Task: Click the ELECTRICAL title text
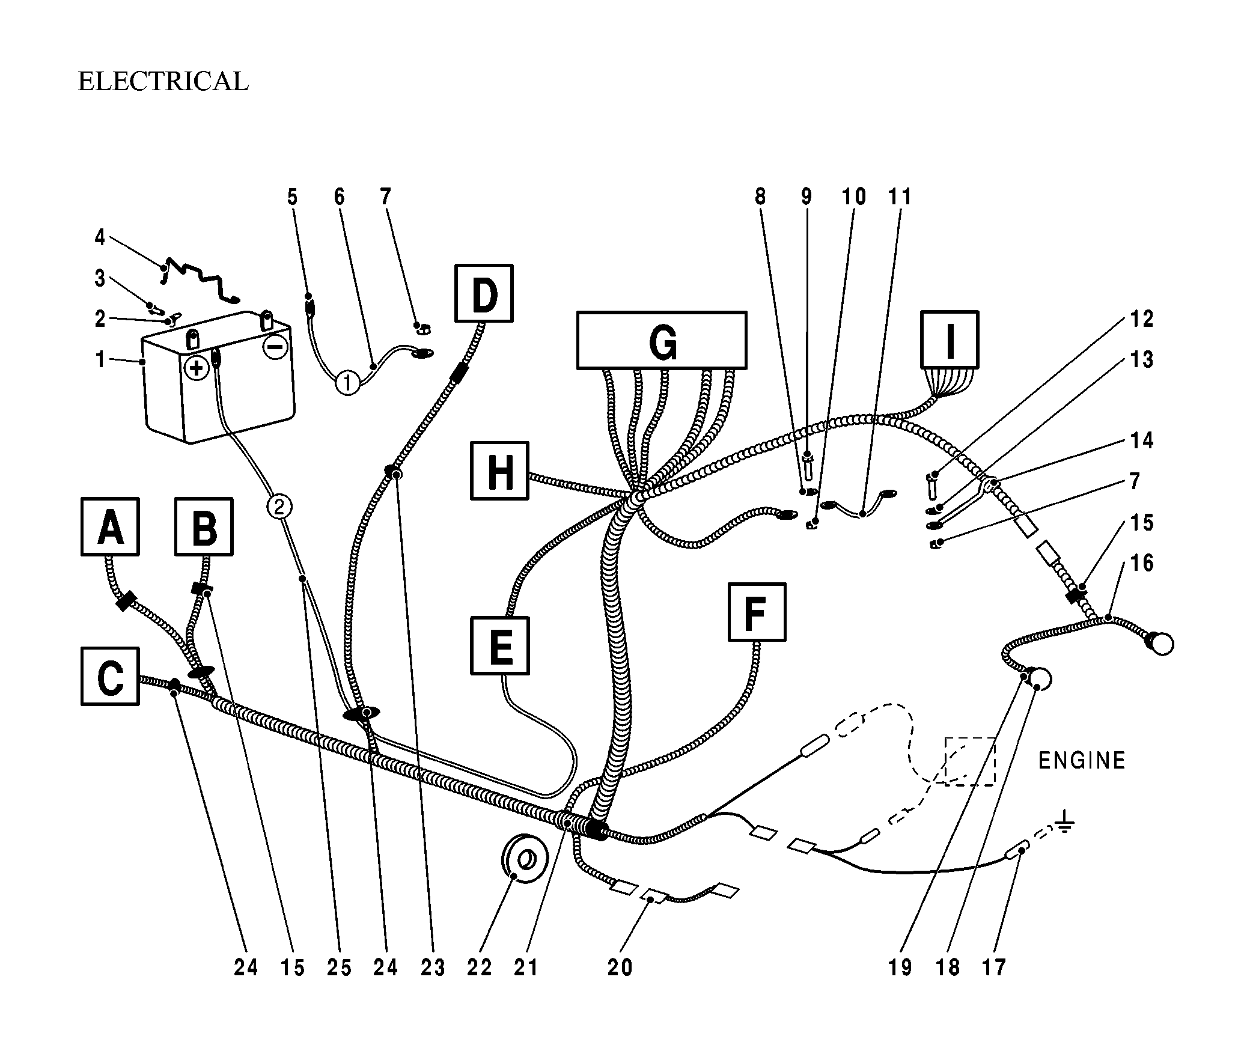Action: pos(163,82)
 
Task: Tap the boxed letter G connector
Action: pos(662,340)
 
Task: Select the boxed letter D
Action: pos(484,293)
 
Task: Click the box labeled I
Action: pos(950,340)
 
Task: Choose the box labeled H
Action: pos(500,471)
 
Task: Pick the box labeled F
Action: pos(757,612)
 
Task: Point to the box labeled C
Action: pos(110,676)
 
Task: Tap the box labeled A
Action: pos(110,526)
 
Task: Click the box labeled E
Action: pos(501,645)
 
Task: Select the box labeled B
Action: pos(204,526)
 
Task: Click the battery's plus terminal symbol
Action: pos(197,367)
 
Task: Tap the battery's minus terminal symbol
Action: pos(275,347)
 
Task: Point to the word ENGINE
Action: pos(1082,761)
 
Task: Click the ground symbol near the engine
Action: pos(1064,823)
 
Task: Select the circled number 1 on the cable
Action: pos(347,382)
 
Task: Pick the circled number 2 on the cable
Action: pos(279,507)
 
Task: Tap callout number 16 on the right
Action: pos(1141,563)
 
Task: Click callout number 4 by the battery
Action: pos(100,238)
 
